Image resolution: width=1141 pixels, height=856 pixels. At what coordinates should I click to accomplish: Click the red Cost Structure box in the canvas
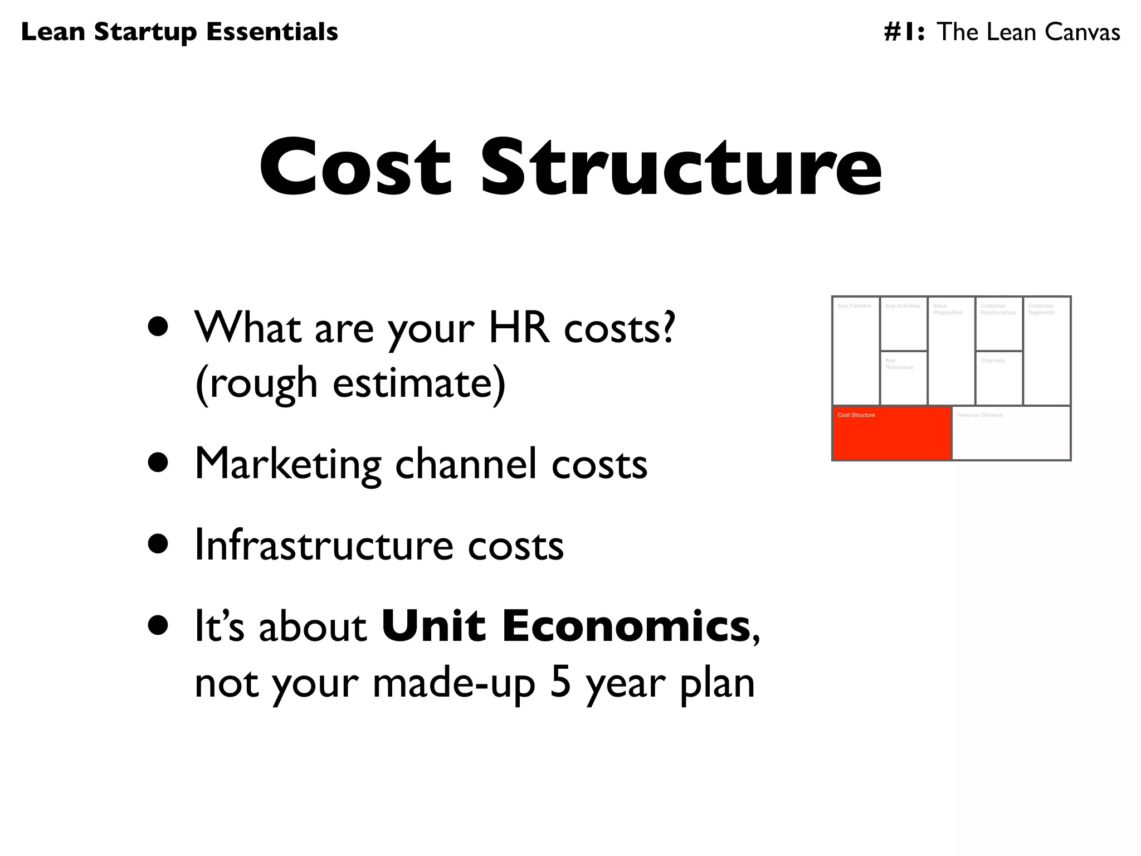tap(891, 433)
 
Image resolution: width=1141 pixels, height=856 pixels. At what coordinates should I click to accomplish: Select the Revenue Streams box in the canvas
tap(1011, 433)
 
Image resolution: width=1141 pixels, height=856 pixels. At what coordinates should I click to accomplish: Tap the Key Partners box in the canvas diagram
tap(856, 351)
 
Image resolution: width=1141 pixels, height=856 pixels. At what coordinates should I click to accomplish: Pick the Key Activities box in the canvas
tap(904, 324)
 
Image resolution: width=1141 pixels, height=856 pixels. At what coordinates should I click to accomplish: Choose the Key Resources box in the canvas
tap(904, 378)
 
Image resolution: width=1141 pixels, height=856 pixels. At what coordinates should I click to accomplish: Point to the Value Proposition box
tap(951, 351)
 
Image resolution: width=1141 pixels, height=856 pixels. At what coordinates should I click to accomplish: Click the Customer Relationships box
tap(999, 324)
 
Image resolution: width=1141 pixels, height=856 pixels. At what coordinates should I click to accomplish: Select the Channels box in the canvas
tap(999, 378)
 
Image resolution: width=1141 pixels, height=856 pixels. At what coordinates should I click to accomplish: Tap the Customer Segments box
tap(1047, 351)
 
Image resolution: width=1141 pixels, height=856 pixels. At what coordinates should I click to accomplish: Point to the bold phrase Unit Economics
tap(565, 626)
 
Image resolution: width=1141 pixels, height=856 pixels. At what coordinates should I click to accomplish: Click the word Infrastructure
tap(324, 545)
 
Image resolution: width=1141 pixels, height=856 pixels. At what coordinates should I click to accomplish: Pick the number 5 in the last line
tap(560, 683)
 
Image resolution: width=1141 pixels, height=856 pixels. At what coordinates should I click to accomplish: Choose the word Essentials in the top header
tap(272, 32)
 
